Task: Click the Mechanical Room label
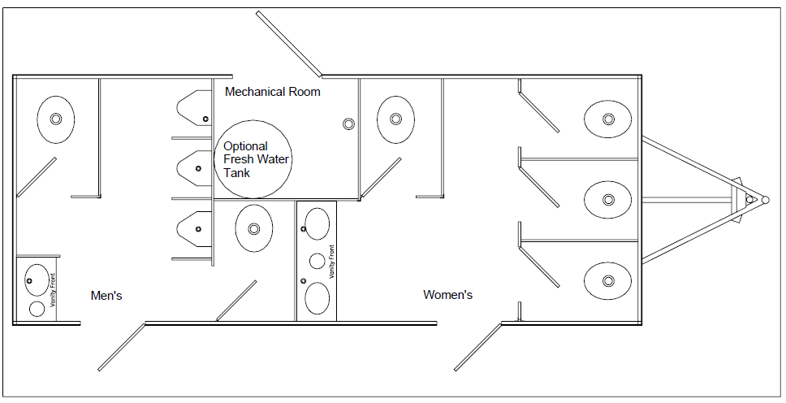click(272, 92)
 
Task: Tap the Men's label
click(106, 296)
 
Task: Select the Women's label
click(447, 295)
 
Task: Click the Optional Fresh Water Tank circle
click(253, 159)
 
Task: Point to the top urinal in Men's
click(194, 108)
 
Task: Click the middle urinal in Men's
click(194, 168)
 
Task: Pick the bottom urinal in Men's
click(194, 229)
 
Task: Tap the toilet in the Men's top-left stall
click(56, 119)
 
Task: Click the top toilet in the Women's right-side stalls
click(607, 119)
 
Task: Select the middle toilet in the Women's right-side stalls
click(607, 200)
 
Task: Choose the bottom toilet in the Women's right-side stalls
click(607, 280)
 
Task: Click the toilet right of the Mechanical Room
click(395, 119)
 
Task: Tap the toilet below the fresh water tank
click(254, 229)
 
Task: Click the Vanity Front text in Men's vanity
click(53, 290)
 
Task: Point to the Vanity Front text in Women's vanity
click(330, 262)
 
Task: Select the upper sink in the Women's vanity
click(317, 223)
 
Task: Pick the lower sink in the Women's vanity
click(317, 298)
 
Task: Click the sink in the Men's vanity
click(37, 280)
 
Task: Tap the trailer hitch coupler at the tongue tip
click(765, 200)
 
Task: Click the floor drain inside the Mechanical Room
click(349, 123)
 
